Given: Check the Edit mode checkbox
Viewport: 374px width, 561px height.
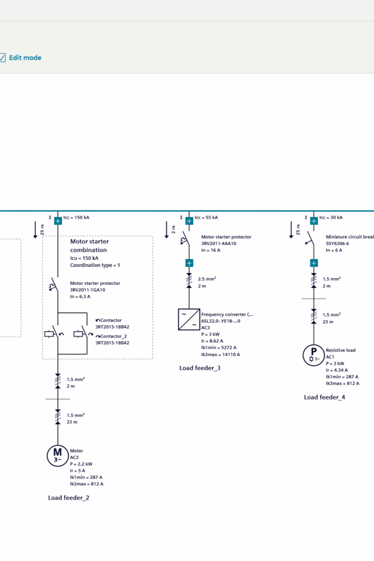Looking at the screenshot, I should click(x=2, y=58).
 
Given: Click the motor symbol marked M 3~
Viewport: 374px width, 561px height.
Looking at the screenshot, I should click(x=58, y=454).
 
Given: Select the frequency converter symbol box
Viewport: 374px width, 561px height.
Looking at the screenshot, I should click(x=189, y=319).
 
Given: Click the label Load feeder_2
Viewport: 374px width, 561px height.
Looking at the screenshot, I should click(x=69, y=498).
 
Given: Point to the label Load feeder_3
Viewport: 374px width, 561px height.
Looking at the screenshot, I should click(x=200, y=368).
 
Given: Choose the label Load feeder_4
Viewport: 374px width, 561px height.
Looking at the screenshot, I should click(x=324, y=397).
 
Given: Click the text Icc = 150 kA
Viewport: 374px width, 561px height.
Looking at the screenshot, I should click(x=76, y=217).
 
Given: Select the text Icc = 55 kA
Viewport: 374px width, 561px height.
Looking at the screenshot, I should click(x=206, y=217).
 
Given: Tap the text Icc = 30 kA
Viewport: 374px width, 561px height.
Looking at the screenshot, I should click(x=331, y=217).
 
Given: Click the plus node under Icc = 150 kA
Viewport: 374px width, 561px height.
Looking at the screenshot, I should click(x=58, y=221).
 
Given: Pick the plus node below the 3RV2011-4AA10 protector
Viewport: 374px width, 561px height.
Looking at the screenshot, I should click(x=189, y=263).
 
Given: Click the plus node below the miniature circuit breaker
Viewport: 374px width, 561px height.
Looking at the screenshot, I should click(x=314, y=263).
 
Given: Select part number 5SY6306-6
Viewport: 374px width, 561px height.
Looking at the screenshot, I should click(x=338, y=244).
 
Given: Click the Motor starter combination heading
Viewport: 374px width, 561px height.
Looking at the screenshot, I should click(x=89, y=246).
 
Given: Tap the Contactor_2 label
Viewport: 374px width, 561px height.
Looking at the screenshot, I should click(x=114, y=336).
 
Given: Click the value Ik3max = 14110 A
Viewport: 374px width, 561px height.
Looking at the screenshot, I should click(x=221, y=354).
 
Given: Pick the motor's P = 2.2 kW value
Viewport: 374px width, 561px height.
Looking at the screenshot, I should click(x=81, y=464).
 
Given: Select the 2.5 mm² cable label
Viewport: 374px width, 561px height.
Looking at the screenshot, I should click(x=207, y=279).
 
